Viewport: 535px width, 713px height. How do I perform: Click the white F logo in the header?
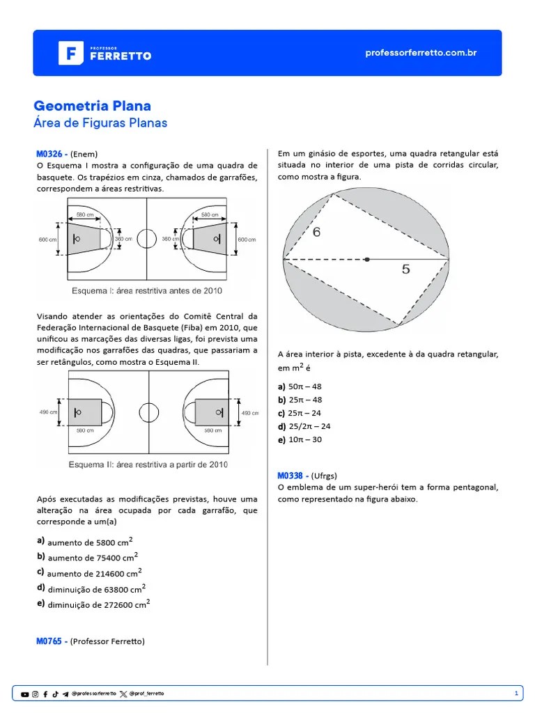click(x=70, y=53)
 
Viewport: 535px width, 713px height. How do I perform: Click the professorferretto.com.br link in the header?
click(x=421, y=53)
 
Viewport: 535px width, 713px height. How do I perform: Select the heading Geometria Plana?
click(x=92, y=106)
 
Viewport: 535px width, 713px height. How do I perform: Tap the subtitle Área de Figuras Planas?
click(x=100, y=123)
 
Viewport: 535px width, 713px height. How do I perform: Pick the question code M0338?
click(x=290, y=476)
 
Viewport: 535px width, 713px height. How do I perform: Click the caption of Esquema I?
click(x=147, y=290)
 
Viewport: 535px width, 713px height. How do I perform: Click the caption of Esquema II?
click(x=148, y=464)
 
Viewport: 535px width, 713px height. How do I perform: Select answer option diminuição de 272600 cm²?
click(x=98, y=604)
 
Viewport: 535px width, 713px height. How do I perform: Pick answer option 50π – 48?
click(x=304, y=386)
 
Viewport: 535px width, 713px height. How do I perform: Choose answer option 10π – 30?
click(x=304, y=439)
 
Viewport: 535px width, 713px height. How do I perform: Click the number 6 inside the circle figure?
click(x=316, y=232)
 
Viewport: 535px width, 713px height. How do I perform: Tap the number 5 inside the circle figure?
click(x=405, y=269)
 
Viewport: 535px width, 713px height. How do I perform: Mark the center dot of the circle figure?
click(x=367, y=260)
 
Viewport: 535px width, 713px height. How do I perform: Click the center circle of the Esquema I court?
click(x=146, y=239)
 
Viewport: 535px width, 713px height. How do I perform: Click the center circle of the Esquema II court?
click(x=147, y=412)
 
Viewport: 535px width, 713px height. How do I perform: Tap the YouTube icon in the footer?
click(x=25, y=694)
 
